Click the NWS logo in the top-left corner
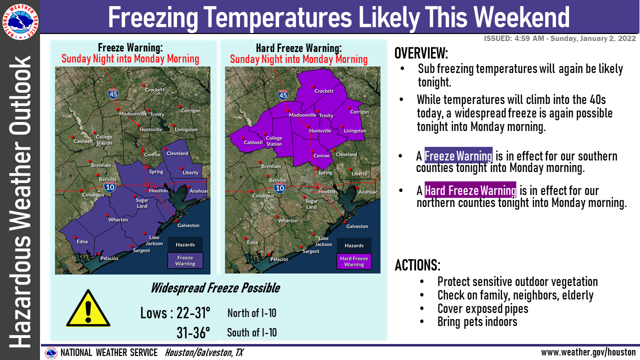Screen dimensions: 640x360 tap(20, 21)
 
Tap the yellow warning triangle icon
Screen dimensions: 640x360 tap(88, 308)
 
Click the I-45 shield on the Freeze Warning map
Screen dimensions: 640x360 tap(113, 93)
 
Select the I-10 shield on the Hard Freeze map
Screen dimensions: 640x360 tap(279, 188)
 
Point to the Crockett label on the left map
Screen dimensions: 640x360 tap(154, 89)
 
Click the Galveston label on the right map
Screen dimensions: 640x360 tap(357, 226)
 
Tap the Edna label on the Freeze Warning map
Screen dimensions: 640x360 tap(82, 241)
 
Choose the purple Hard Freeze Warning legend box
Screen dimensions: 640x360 tap(354, 261)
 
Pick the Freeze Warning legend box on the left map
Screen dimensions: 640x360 tap(185, 260)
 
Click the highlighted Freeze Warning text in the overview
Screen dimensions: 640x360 tap(458, 156)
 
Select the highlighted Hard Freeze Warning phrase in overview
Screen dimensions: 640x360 tap(470, 190)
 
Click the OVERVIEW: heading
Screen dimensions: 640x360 tap(421, 53)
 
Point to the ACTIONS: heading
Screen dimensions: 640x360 tap(417, 265)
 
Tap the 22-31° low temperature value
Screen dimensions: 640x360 tap(193, 313)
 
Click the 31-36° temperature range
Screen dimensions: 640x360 tap(193, 332)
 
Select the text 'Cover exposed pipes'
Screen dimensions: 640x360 tap(483, 308)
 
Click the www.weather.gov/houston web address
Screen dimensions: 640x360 tap(588, 352)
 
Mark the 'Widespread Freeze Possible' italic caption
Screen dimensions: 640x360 tap(215, 287)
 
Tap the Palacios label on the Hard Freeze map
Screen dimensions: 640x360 tap(279, 259)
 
